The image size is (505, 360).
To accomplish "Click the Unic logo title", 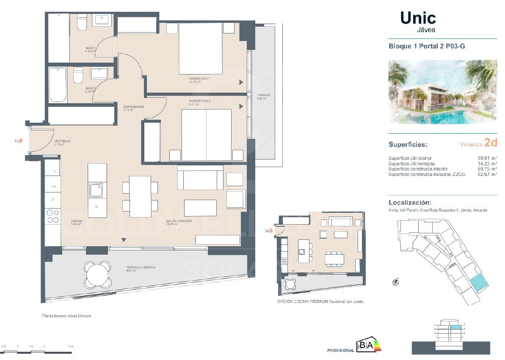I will [x=418, y=18].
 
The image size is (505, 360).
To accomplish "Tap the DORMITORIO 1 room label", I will [x=200, y=79].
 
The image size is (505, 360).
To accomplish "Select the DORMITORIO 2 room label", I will [x=200, y=101].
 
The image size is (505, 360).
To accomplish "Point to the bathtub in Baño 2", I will [x=58, y=85].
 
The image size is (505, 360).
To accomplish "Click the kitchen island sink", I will [x=96, y=190].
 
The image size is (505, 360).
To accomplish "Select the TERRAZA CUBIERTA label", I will [x=141, y=268].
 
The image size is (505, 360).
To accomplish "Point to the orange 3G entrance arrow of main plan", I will [x=21, y=141].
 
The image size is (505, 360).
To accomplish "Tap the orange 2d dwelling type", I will [x=491, y=143].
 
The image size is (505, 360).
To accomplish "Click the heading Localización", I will [x=410, y=203].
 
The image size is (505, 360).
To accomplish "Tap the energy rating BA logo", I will [x=369, y=346].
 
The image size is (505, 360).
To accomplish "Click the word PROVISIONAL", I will [x=340, y=350].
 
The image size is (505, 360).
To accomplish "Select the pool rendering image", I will [x=442, y=92].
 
